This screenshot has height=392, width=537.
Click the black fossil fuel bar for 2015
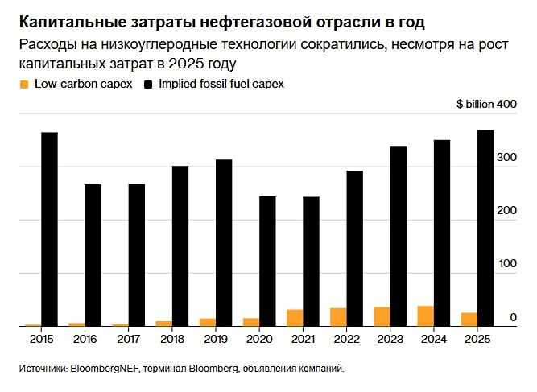click(x=50, y=229)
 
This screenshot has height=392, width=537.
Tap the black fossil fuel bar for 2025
click(x=485, y=229)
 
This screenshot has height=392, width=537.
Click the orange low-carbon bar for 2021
click(x=295, y=318)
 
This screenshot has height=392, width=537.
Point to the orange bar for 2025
click(x=469, y=320)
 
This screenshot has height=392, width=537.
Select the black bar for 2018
click(x=180, y=246)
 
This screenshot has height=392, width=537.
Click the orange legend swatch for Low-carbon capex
click(x=23, y=84)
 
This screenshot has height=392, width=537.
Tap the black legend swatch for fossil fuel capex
click(x=149, y=84)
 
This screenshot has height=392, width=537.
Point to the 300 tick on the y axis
click(x=506, y=158)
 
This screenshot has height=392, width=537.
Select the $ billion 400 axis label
click(x=485, y=105)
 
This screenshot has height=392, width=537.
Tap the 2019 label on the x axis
click(x=216, y=340)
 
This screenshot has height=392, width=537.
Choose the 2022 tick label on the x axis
click(x=346, y=340)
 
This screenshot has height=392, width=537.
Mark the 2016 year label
click(x=85, y=340)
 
